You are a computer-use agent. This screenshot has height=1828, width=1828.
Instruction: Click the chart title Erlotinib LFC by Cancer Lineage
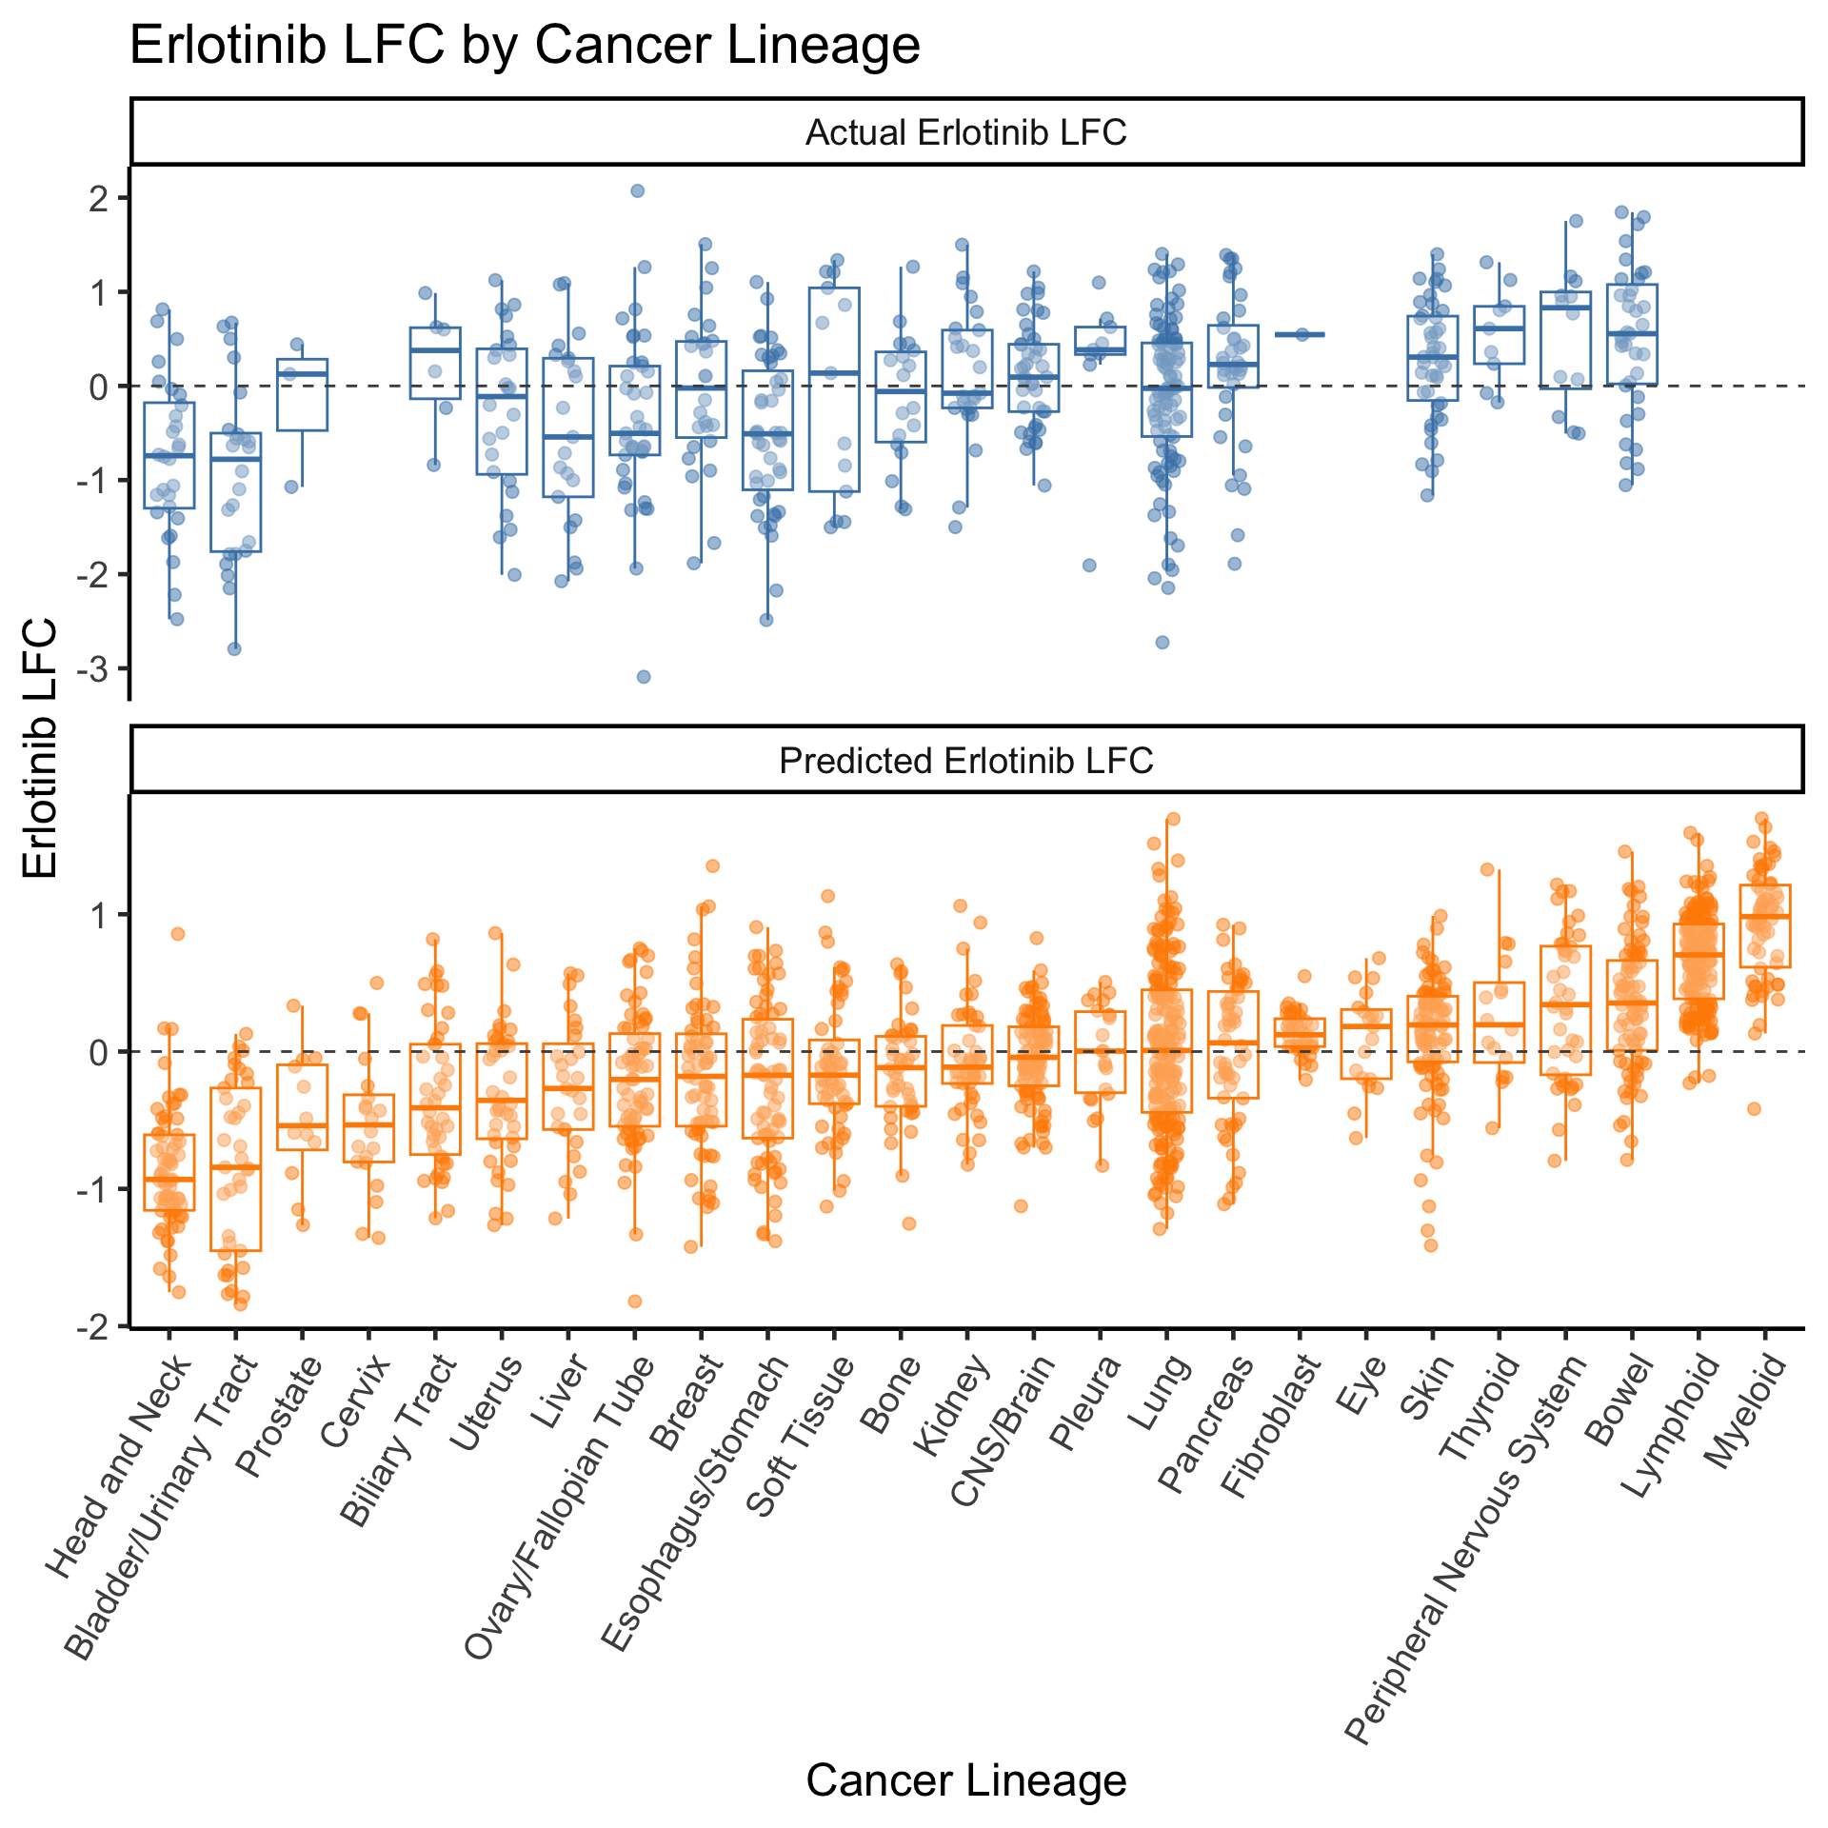click(525, 46)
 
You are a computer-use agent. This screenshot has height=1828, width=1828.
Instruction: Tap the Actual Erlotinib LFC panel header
click(966, 131)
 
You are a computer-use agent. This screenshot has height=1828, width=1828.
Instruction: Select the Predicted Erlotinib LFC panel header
click(966, 760)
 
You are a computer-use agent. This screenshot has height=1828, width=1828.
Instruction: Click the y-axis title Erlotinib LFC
click(40, 749)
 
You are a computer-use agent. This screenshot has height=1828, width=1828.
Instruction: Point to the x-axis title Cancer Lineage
click(966, 1779)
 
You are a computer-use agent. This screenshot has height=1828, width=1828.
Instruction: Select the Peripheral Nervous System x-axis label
click(1467, 1548)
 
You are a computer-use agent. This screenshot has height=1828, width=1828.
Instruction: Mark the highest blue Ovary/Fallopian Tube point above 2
click(638, 190)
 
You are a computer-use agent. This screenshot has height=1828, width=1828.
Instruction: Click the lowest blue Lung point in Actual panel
click(1162, 642)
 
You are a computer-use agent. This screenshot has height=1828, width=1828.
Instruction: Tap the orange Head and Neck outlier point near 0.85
click(177, 933)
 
